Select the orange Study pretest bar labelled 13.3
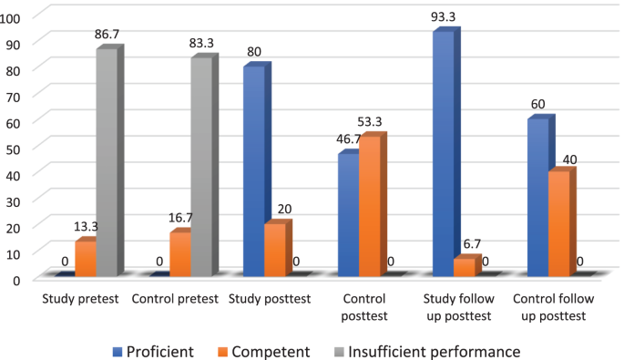coord(86,258)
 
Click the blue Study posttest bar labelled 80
coord(254,170)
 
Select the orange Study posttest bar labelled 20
coord(275,249)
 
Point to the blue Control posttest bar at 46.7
coord(348,214)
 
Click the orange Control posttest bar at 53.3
coord(369,206)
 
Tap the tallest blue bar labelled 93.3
coord(444,153)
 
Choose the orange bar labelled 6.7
coord(465,266)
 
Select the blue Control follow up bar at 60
coord(537,197)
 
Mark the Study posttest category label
coord(270,299)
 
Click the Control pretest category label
coord(175,299)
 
